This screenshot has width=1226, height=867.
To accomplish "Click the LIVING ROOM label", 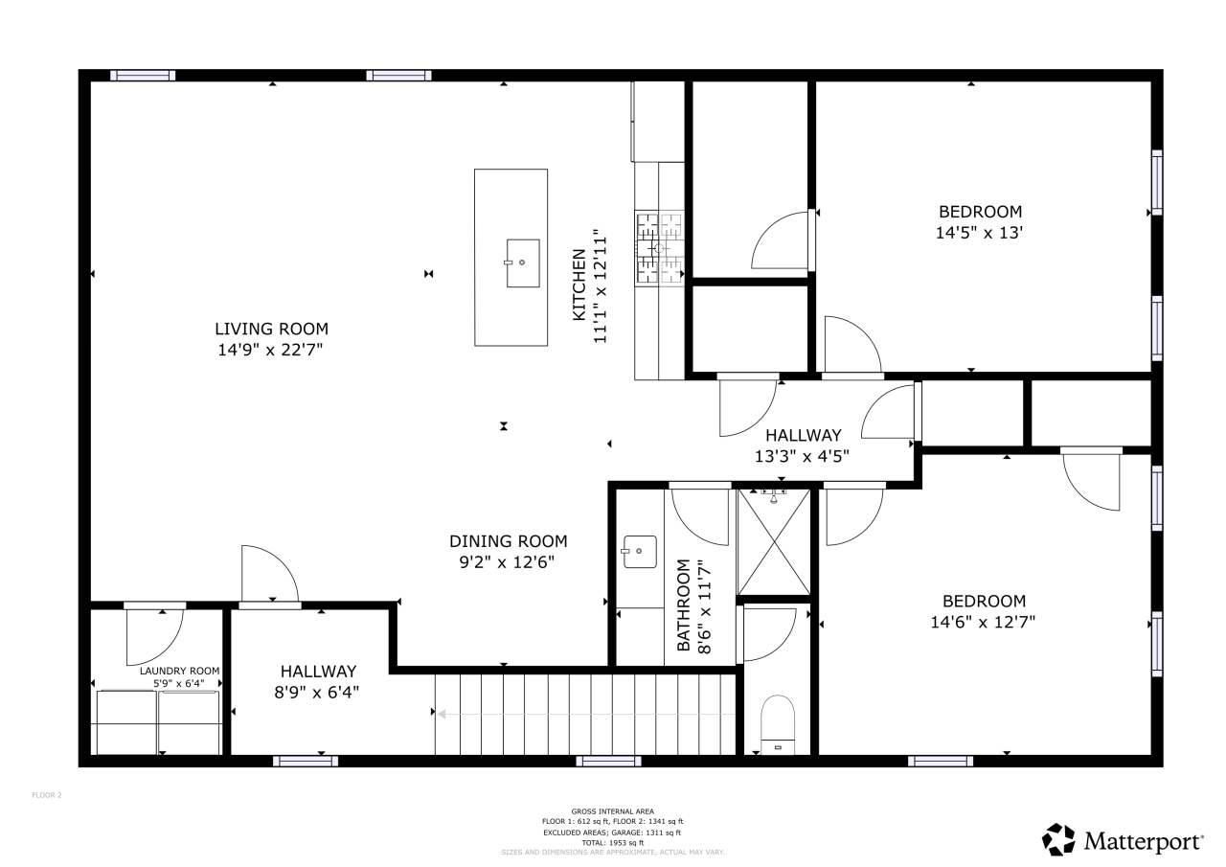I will pyautogui.click(x=271, y=329).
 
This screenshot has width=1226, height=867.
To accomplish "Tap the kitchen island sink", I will pyautogui.click(x=522, y=262).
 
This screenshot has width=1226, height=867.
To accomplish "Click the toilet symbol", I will pyautogui.click(x=777, y=723).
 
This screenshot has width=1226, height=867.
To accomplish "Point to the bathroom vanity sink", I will pyautogui.click(x=640, y=552).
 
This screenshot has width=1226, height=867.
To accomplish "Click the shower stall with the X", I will pyautogui.click(x=774, y=542).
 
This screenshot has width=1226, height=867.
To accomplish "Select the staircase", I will pyautogui.click(x=584, y=714).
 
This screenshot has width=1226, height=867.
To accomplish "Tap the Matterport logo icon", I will pyautogui.click(x=1058, y=839).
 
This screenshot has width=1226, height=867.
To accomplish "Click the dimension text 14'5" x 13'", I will pyautogui.click(x=980, y=233).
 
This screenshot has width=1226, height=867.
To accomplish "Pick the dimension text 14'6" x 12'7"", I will pyautogui.click(x=984, y=622).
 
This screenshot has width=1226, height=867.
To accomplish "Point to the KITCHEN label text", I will pyautogui.click(x=579, y=285).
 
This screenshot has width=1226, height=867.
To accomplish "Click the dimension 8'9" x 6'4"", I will pyautogui.click(x=319, y=692).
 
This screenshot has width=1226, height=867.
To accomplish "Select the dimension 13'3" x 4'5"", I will pyautogui.click(x=803, y=456).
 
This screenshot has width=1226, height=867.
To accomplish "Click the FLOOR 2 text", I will pyautogui.click(x=47, y=794).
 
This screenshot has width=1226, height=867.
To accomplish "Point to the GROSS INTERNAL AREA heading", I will pyautogui.click(x=612, y=811).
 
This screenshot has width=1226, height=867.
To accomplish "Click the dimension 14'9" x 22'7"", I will pyautogui.click(x=271, y=351).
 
